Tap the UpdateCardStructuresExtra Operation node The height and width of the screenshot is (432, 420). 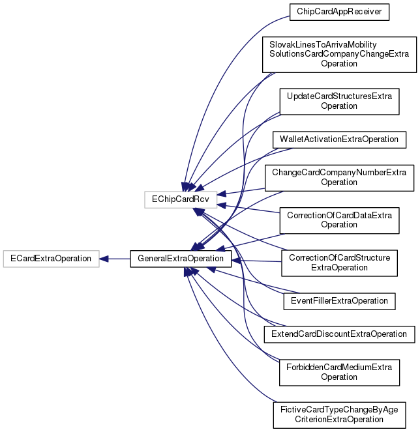pyautogui.click(x=339, y=101)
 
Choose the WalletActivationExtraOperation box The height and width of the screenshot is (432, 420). pyautogui.click(x=339, y=139)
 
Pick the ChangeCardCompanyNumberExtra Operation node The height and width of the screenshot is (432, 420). pyautogui.click(x=339, y=177)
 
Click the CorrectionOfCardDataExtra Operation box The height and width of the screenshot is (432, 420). pyautogui.click(x=339, y=220)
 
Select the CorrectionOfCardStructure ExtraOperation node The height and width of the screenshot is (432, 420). pyautogui.click(x=339, y=263)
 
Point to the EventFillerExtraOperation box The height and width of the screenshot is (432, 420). pyautogui.click(x=339, y=300)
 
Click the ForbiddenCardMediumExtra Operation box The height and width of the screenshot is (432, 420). pyautogui.click(x=339, y=371)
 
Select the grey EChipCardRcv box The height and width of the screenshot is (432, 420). pyautogui.click(x=179, y=195)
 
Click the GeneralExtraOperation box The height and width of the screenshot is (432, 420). pyautogui.click(x=181, y=259)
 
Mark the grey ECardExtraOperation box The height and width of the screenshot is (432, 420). pyautogui.click(x=51, y=259)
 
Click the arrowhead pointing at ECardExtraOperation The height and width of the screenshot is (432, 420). pyautogui.click(x=104, y=259)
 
